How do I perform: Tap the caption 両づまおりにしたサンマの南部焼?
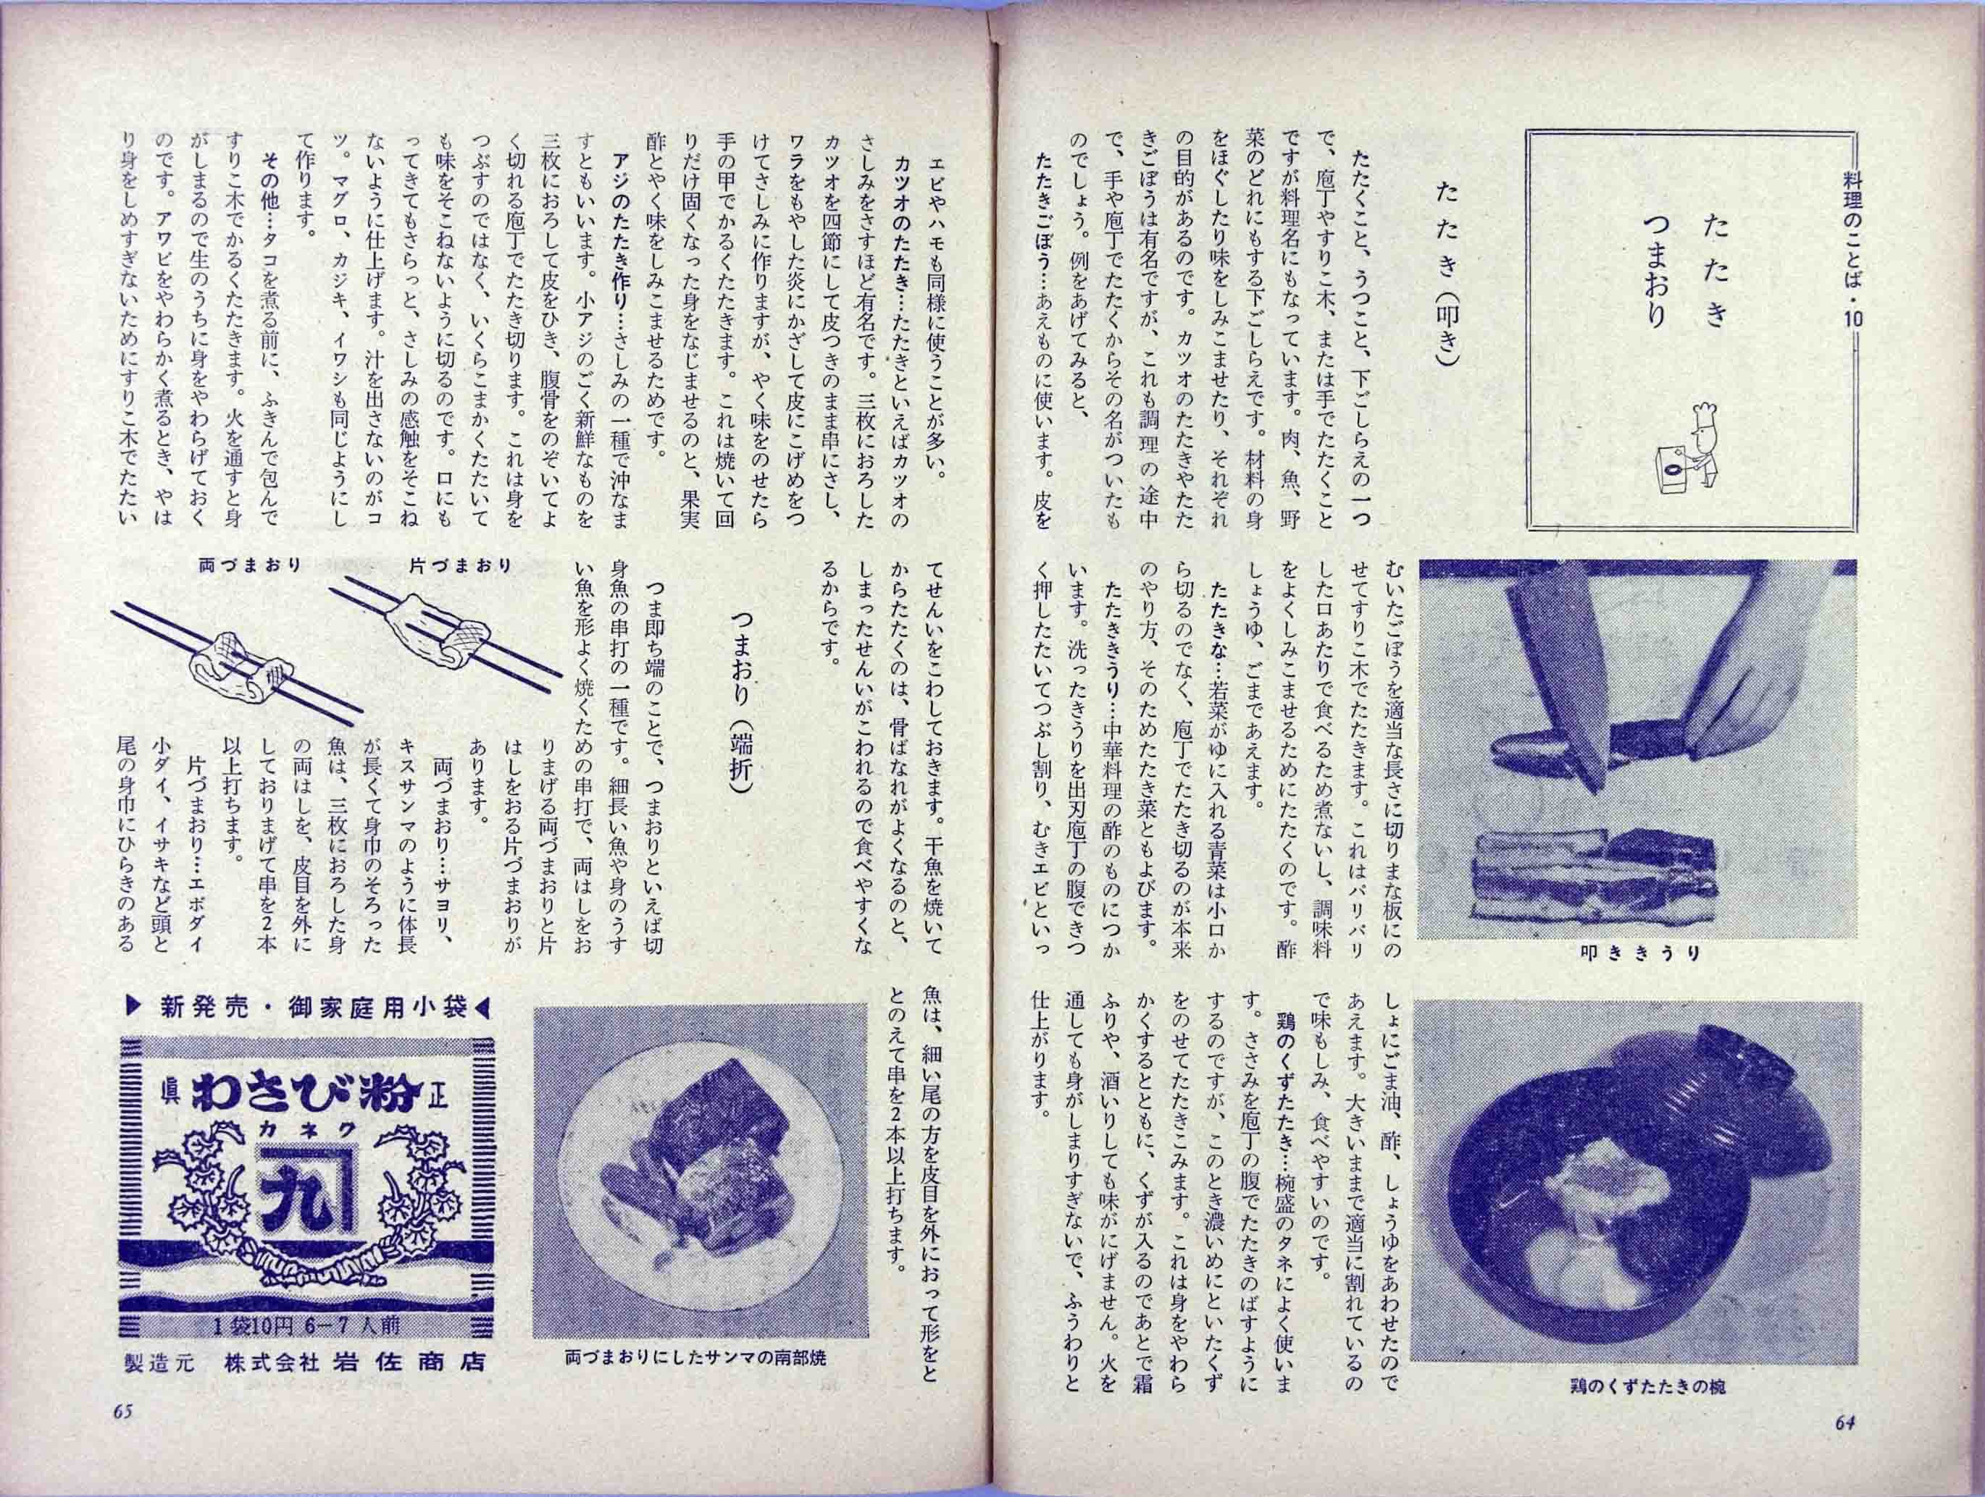point(695,1383)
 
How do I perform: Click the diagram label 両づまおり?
point(251,566)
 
